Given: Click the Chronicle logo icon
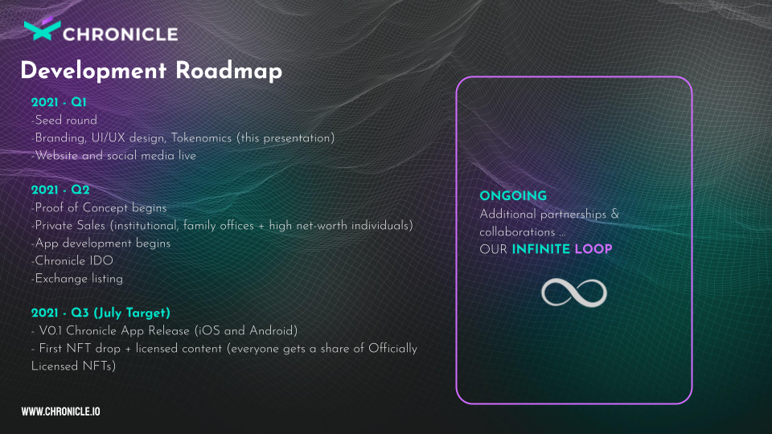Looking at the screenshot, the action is pos(43,29).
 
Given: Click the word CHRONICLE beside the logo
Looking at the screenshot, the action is pos(120,35).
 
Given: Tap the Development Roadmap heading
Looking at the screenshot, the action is pos(151,71).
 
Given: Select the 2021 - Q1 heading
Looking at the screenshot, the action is pos(59,102).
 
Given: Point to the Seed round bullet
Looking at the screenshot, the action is pos(64,120).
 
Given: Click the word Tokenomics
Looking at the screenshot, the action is pos(201,137).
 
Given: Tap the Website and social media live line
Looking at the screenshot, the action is pos(113,155).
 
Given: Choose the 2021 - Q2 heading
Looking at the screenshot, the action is pos(60,190).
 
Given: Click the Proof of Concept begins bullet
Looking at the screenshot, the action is pos(99,207).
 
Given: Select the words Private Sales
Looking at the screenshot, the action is pos(70,225).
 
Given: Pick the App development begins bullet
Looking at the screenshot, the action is pos(101,243).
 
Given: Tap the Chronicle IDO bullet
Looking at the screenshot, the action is pos(72,260).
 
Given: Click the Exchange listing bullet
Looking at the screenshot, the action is pos(77,279).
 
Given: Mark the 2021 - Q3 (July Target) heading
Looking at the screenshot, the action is pos(101,313).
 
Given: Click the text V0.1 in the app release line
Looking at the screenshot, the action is pos(50,330).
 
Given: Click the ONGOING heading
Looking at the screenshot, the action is pos(513,196).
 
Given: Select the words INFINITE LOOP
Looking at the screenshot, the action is pos(562,249).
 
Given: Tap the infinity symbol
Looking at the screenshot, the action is pos(574,293).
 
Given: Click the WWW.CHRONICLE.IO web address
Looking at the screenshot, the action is pos(60,411).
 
